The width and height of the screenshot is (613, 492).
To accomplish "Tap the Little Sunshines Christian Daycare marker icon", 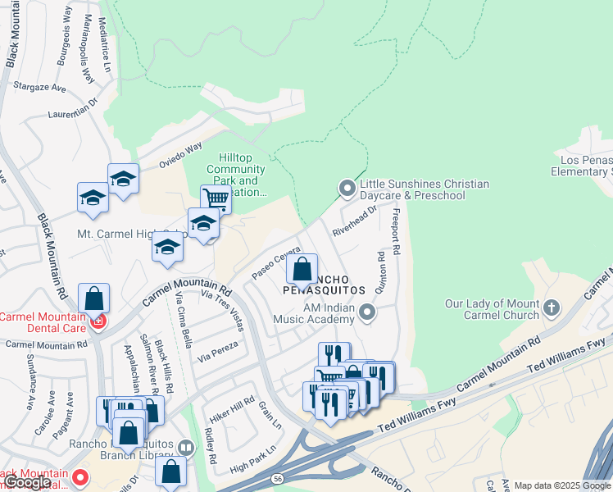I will coord(347,189).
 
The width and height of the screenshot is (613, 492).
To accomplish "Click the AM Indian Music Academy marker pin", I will coord(369,312).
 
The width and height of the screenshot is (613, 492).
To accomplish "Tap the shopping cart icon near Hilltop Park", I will coord(216,198).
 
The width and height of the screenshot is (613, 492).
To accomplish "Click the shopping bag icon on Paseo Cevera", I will coord(302,268).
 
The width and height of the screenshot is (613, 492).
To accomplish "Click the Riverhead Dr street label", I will coord(354,221).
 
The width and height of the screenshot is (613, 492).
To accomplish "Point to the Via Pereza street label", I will coord(218,351).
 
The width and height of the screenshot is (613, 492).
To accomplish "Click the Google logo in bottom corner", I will coord(28,482).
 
